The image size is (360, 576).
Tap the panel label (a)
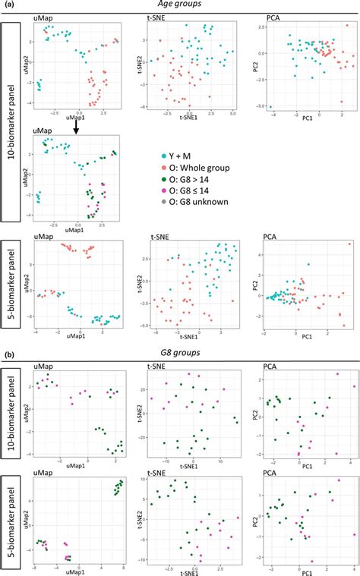coord(8,4)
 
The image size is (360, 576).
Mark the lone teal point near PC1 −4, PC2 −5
coord(271,107)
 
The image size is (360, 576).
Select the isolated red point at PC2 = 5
coord(349,244)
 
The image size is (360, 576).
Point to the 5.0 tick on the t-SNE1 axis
coord(233,112)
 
